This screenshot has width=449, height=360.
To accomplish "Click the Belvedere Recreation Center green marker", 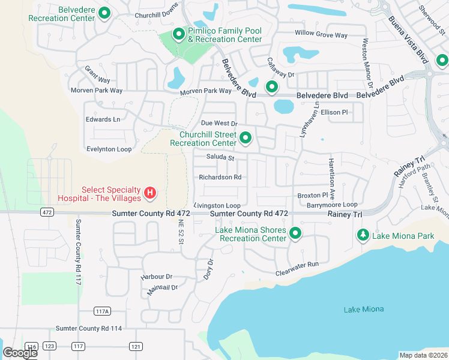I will (104, 13).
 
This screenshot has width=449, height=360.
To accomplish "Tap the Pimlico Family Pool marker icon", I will (178, 34).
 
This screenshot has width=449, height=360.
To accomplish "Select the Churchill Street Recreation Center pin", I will (245, 139).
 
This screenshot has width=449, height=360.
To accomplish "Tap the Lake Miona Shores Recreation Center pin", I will (295, 233).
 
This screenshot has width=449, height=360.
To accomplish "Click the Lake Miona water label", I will (364, 309).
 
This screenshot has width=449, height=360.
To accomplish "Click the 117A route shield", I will (103, 311).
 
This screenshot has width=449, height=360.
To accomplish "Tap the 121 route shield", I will (136, 346).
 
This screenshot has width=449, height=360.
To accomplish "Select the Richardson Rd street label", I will (220, 177).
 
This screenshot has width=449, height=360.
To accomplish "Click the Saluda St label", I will (220, 158).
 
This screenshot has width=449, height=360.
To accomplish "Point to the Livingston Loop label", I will (217, 205).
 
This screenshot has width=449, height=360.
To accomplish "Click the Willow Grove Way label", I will (321, 35).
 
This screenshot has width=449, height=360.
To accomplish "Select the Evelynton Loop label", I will (109, 148).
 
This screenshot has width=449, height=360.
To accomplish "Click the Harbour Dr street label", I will (157, 277).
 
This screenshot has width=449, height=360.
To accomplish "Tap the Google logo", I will (20, 352).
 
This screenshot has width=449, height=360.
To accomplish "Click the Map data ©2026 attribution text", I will (424, 355).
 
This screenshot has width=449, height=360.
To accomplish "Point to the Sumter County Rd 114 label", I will (89, 328).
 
